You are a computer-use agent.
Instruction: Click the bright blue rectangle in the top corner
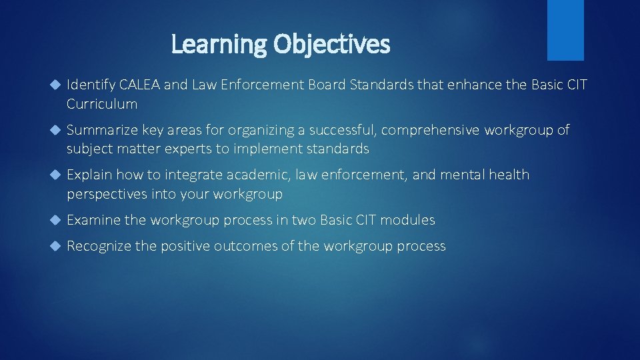point(565,30)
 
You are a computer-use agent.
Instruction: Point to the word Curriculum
point(102,104)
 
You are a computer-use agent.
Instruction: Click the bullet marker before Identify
point(55,85)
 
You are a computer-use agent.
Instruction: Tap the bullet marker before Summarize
point(55,131)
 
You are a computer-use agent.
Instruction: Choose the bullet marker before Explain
point(55,175)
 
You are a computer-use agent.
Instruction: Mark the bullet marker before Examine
point(55,220)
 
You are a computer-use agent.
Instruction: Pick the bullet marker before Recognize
point(55,247)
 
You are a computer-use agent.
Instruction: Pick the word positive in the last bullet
point(185,247)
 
